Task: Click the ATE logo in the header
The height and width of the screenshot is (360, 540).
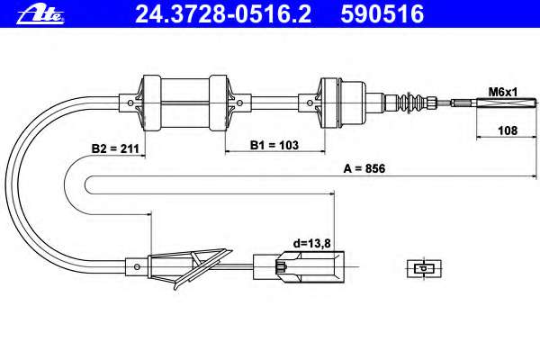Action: pyautogui.click(x=40, y=15)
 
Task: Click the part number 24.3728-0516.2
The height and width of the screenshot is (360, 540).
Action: pyautogui.click(x=223, y=14)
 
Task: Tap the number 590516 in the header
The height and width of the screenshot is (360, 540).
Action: pyautogui.click(x=382, y=14)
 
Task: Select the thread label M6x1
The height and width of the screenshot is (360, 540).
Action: pyautogui.click(x=503, y=92)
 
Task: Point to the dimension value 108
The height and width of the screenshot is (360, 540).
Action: pyautogui.click(x=508, y=130)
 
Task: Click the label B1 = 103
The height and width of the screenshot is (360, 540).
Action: pyautogui.click(x=274, y=145)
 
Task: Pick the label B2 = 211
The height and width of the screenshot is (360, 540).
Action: pyautogui.click(x=115, y=148)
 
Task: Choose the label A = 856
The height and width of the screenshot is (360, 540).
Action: pyautogui.click(x=364, y=168)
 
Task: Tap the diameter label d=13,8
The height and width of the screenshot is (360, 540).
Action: pyautogui.click(x=311, y=244)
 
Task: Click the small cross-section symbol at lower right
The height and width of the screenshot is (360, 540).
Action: pyautogui.click(x=424, y=268)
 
